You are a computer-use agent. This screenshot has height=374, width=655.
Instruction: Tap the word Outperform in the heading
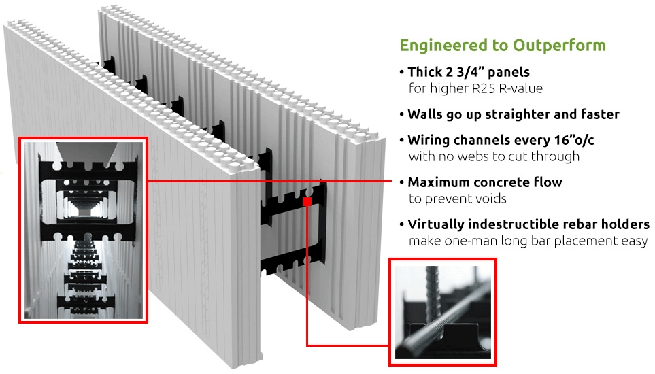(559, 46)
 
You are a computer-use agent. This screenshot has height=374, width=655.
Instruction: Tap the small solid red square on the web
(307, 202)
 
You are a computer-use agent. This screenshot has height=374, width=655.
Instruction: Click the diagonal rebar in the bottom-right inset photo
(443, 320)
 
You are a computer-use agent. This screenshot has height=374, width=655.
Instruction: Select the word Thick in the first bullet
(425, 72)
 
